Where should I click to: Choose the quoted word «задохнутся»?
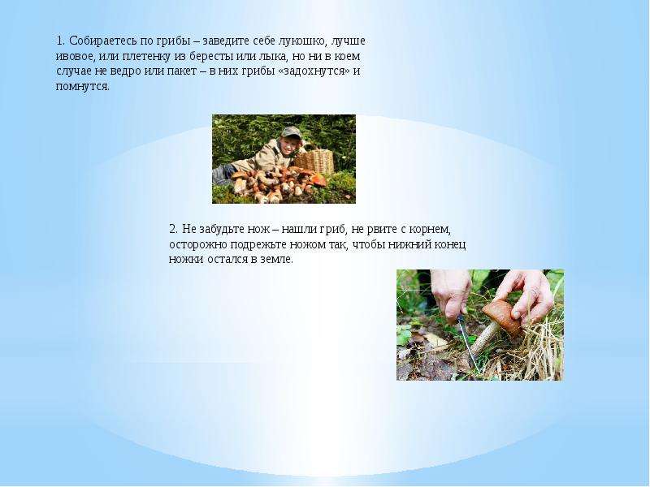[x=314, y=71]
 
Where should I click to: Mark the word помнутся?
[x=83, y=87]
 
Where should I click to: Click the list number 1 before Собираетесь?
[x=60, y=41]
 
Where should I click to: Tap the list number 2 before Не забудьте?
[x=173, y=229]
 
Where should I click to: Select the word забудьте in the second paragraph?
[x=221, y=230]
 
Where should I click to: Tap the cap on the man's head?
[x=292, y=133]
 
